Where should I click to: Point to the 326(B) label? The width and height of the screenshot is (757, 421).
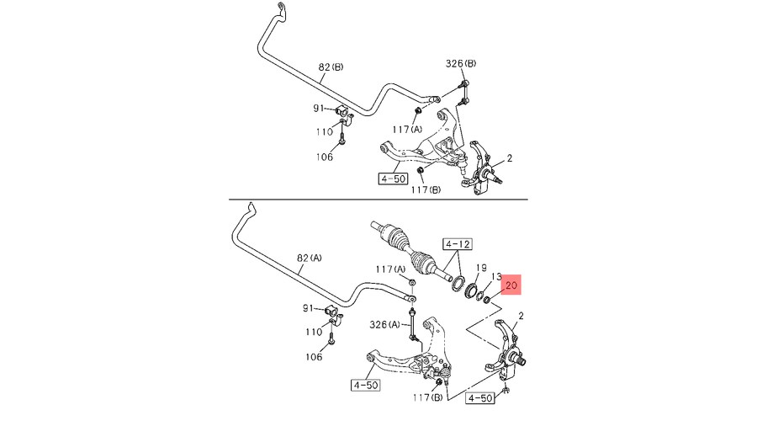click(x=461, y=64)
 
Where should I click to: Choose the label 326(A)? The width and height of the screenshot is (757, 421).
click(x=383, y=324)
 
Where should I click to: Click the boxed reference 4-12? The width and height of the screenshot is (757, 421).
click(x=458, y=245)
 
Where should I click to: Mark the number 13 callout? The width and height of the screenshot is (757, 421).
click(x=496, y=277)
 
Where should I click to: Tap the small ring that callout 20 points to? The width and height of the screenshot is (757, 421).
click(x=486, y=299)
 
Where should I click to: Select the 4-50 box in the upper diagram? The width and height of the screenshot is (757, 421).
click(x=393, y=179)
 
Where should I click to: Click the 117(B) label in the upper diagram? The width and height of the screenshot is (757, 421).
click(x=424, y=190)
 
